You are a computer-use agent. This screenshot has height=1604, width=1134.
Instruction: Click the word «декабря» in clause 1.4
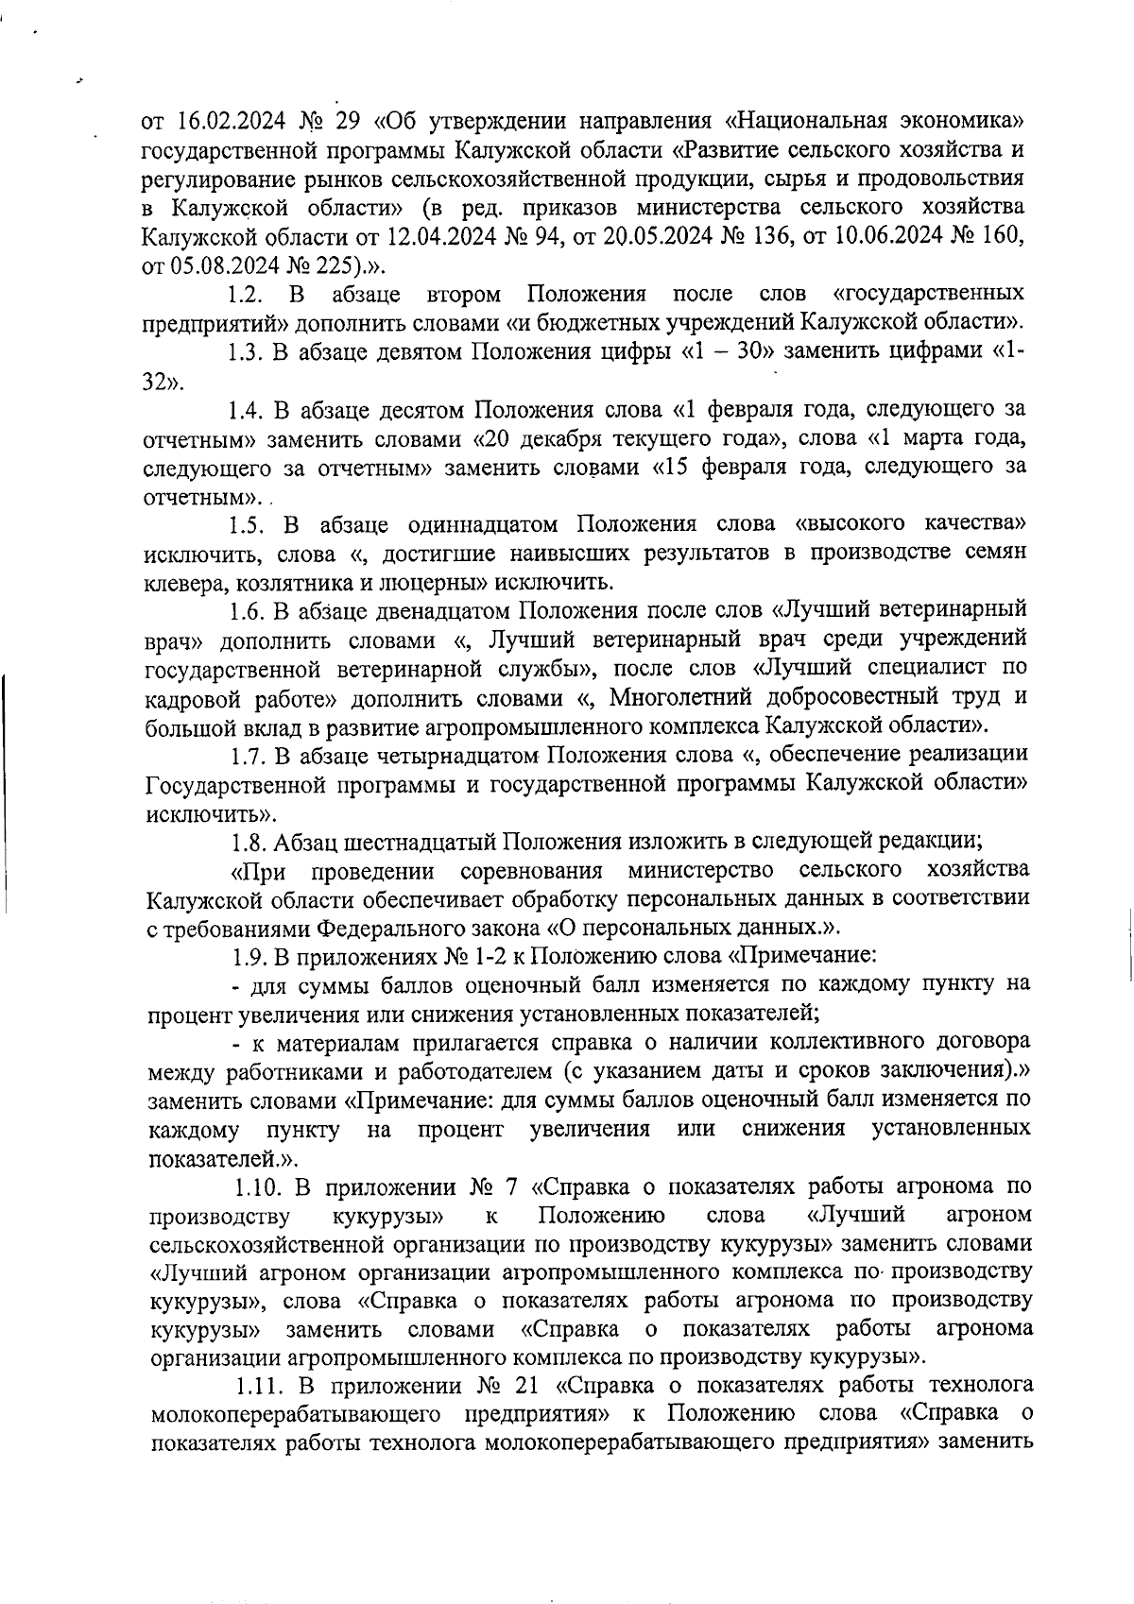[x=564, y=438]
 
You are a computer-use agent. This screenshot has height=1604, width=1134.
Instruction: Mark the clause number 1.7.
[x=249, y=756]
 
